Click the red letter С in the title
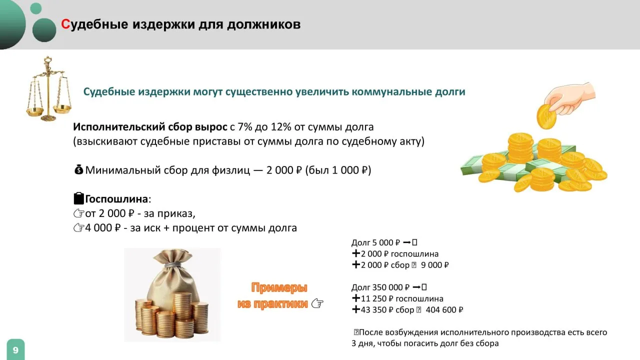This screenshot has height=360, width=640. coord(65,24)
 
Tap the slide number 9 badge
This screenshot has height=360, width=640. coord(15,349)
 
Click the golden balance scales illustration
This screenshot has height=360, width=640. coord(49,89)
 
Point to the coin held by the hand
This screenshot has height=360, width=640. coord(546,116)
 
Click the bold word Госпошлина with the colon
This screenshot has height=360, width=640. coord(118,199)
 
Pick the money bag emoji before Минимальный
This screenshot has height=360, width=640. coord(78,169)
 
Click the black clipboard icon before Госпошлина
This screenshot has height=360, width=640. coord(79,198)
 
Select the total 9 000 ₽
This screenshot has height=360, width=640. coord(434,265)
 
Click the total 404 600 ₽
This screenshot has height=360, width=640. coord(444,309)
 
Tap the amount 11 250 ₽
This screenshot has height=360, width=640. coord(377,298)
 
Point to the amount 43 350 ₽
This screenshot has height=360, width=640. coord(377,309)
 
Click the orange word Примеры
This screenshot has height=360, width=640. coord(279,288)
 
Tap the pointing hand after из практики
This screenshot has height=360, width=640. coord(317,303)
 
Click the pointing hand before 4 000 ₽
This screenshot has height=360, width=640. coord(79,227)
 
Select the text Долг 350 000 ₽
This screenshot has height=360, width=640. coord(380,287)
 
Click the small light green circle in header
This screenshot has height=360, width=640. coord(35,8)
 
